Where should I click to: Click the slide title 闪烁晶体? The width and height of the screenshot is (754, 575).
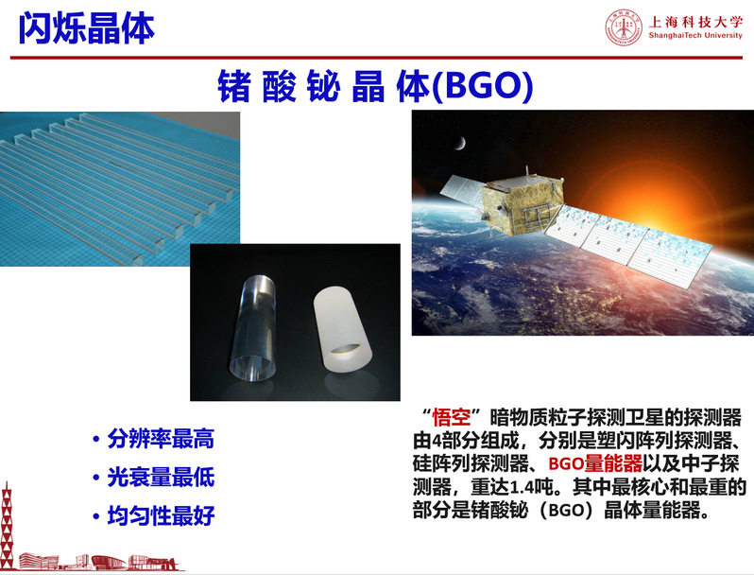tap(87, 28)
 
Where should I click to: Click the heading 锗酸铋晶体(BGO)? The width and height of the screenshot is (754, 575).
tap(375, 86)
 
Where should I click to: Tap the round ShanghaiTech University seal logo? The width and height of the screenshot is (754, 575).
tap(624, 27)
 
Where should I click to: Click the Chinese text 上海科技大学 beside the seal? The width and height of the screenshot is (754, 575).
tap(695, 21)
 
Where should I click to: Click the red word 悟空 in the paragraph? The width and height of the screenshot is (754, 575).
tap(452, 417)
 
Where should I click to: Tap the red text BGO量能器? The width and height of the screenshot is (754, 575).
tap(595, 463)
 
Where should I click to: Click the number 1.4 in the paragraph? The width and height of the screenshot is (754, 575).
tap(521, 487)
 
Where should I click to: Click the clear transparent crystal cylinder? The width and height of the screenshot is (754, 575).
tap(254, 327)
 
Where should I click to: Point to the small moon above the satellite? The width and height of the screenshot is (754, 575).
tap(460, 143)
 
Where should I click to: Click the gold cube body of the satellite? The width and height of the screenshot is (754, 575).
tap(522, 204)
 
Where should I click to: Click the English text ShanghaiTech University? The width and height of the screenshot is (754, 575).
tap(695, 35)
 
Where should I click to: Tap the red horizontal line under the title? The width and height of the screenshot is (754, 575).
tap(376, 58)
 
